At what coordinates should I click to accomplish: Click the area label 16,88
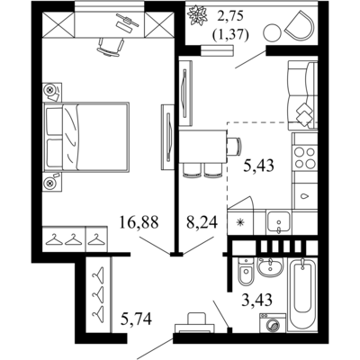(x=139, y=222)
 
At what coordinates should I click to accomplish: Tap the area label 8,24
(x=202, y=222)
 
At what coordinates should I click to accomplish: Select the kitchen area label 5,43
(x=258, y=165)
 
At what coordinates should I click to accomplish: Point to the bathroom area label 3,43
(x=257, y=299)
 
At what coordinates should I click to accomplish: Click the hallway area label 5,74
(x=136, y=319)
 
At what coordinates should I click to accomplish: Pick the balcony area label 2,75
(x=230, y=16)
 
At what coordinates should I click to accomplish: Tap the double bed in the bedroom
(x=86, y=137)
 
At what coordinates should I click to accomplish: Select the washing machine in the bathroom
(x=273, y=323)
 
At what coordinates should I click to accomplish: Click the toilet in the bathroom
(x=246, y=271)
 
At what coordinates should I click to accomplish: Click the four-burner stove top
(x=305, y=157)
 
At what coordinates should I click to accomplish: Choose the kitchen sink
(x=279, y=222)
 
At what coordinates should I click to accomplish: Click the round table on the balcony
(x=273, y=31)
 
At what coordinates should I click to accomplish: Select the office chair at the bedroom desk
(x=110, y=47)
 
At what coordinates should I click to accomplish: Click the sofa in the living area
(x=302, y=95)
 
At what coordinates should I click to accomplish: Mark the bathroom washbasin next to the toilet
(x=271, y=267)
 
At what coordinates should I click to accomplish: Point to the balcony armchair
(x=299, y=24)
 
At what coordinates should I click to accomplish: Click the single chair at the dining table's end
(x=233, y=147)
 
